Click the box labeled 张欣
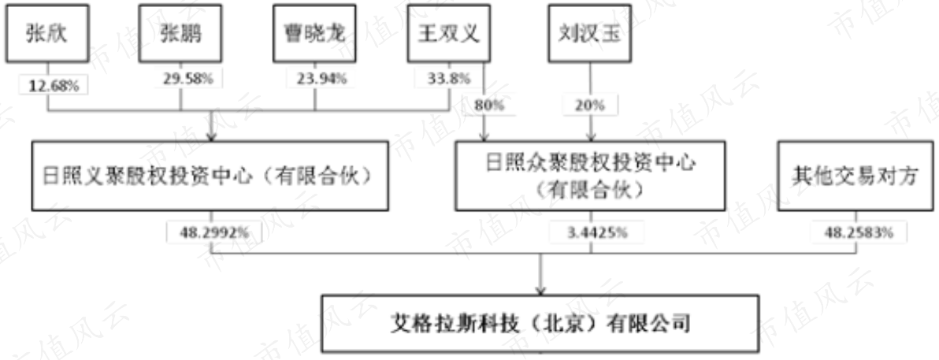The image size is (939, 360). [46, 34]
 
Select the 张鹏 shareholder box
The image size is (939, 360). [180, 34]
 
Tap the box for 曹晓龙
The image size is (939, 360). [314, 34]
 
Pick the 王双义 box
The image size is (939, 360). [448, 34]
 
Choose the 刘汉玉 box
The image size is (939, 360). [590, 34]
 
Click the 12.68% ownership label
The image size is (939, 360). [54, 85]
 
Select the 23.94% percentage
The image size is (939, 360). [321, 79]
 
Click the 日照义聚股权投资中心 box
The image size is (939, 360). [210, 176]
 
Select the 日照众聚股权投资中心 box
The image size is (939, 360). [590, 176]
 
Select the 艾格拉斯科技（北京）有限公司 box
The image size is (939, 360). [540, 324]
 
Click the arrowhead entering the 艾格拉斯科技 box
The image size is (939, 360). [540, 291]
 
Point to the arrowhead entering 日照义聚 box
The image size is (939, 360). [211, 137]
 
